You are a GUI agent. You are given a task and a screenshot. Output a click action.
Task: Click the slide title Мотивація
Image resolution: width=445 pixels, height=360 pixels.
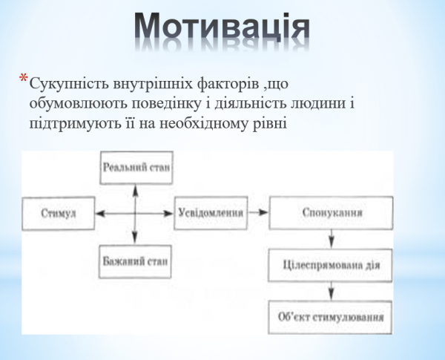222,28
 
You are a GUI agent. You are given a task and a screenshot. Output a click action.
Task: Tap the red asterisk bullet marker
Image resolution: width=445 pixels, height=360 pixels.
24,79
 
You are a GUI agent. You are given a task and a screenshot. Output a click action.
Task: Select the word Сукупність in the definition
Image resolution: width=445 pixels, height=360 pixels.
65,82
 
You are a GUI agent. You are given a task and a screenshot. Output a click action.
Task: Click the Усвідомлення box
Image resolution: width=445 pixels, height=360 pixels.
211,212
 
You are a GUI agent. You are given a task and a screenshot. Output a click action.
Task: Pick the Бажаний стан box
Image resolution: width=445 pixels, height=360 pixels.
136,262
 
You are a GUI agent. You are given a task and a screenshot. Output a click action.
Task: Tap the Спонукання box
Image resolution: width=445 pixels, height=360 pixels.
332,212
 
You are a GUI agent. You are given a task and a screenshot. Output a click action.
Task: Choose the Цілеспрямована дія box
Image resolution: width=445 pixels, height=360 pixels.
332,265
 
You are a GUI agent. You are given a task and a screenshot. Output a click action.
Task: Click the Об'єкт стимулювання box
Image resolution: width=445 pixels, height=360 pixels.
332,317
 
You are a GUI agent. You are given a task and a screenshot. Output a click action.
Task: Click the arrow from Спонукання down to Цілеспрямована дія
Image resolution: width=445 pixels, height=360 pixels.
332,239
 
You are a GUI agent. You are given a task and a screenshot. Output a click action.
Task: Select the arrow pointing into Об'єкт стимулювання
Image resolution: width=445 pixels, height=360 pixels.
332,291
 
